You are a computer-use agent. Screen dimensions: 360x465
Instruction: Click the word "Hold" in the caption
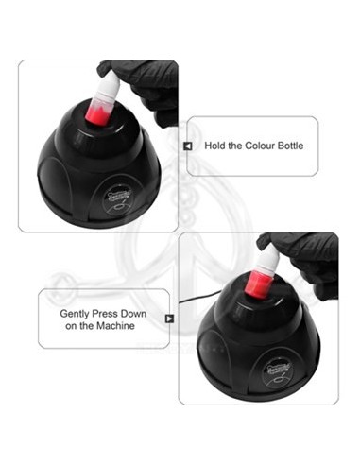click(214, 146)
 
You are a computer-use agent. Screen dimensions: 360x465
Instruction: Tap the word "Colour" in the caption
click(260, 146)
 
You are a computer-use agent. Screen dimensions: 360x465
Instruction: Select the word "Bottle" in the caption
click(290, 146)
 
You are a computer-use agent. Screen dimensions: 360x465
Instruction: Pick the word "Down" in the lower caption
click(133, 314)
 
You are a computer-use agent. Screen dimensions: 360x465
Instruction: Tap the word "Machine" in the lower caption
click(116, 325)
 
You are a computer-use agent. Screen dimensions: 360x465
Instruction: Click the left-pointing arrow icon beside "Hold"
click(188, 146)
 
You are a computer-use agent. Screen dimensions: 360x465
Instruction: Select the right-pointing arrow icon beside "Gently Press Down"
click(169, 319)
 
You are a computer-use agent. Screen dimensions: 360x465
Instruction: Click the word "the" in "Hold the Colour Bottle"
click(234, 146)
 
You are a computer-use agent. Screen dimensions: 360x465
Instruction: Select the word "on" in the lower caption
click(71, 326)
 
